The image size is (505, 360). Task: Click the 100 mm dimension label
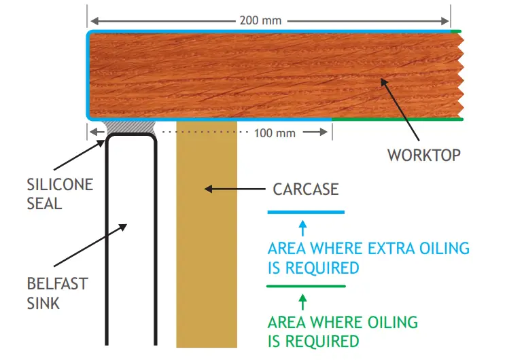click(275, 132)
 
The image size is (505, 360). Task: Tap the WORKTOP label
click(423, 155)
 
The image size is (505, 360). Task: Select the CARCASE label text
click(305, 189)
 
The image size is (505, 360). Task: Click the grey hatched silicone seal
click(130, 127)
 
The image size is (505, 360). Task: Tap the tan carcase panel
click(206, 258)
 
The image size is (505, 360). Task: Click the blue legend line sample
click(306, 213)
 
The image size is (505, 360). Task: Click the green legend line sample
click(306, 286)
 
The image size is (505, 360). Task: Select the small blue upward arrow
click(303, 226)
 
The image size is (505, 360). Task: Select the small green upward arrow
click(303, 300)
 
